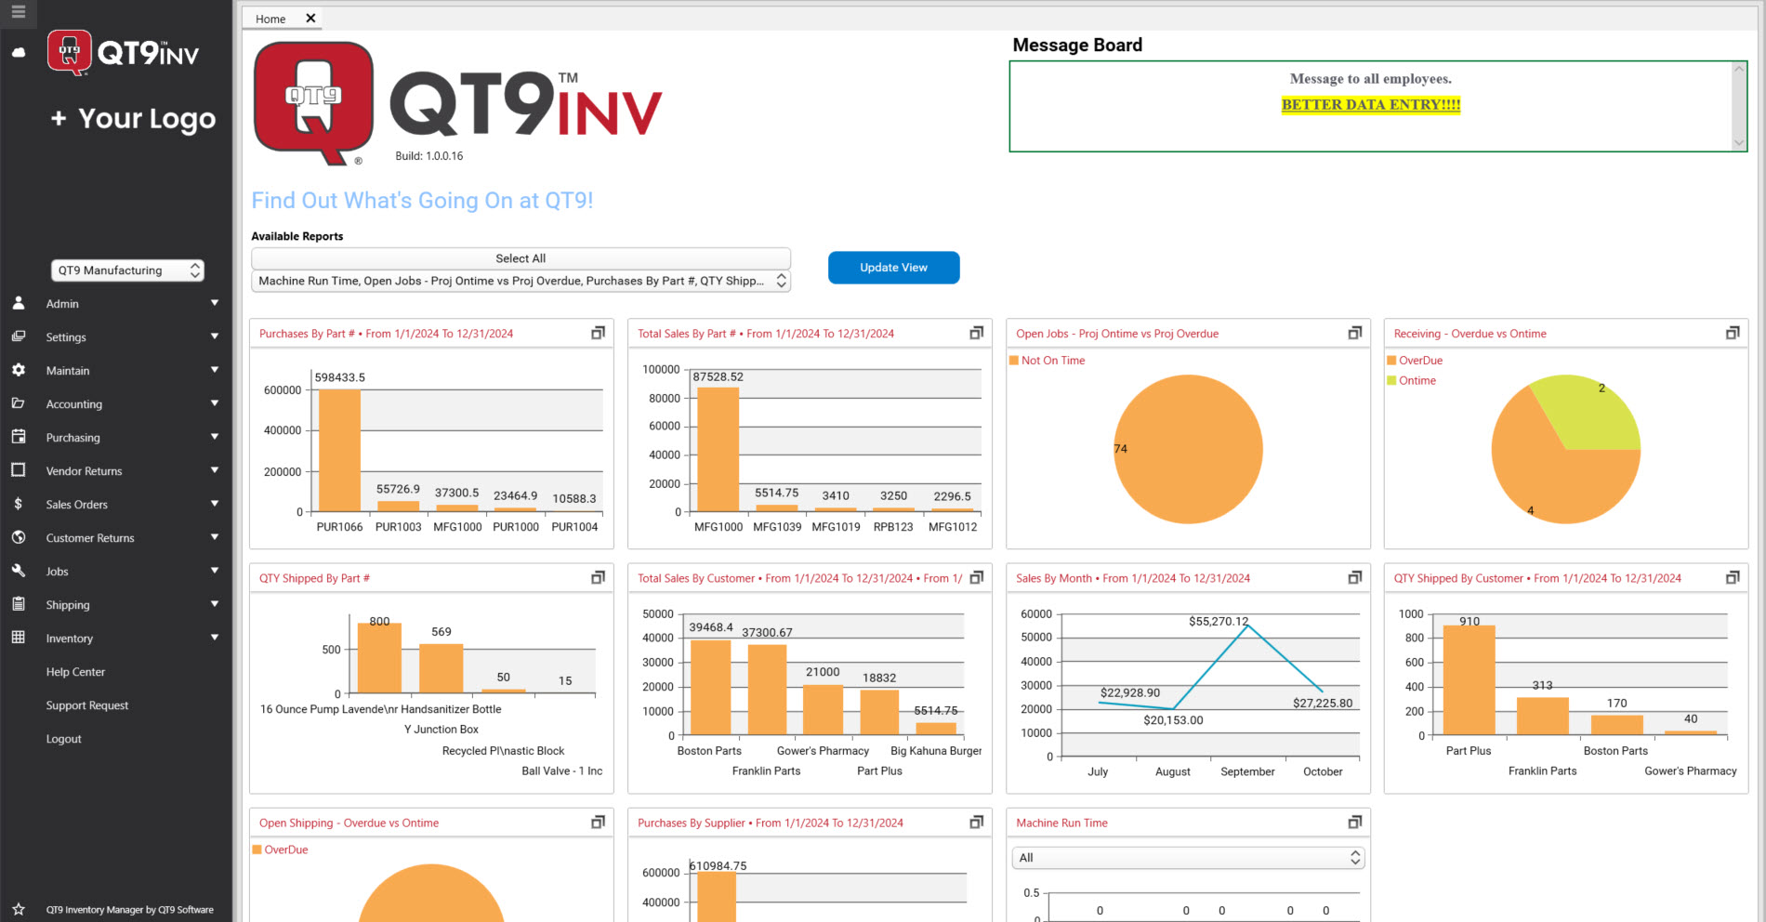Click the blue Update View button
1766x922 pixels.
[x=893, y=268]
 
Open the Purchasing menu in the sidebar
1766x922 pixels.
[x=73, y=438]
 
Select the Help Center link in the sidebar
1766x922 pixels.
[x=75, y=672]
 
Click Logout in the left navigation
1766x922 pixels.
[x=63, y=739]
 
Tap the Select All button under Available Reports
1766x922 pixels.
[x=521, y=258]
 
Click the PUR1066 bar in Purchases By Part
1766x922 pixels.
[x=339, y=451]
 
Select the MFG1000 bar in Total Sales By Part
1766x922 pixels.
[x=718, y=450]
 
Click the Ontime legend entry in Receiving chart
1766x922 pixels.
[x=1417, y=381]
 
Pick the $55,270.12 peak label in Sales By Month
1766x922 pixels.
[x=1218, y=621]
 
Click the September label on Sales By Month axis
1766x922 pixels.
[x=1247, y=771]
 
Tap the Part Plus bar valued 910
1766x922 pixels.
[x=1469, y=680]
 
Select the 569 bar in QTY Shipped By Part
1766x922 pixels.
[x=441, y=668]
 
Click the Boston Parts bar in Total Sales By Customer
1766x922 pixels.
[x=710, y=688]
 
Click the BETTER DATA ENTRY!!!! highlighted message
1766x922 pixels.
[x=1370, y=105]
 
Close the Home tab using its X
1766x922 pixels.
[x=310, y=19]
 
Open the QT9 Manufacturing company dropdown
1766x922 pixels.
[x=127, y=270]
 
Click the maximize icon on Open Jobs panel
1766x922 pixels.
[x=1354, y=334]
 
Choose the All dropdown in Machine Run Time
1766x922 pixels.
[x=1187, y=858]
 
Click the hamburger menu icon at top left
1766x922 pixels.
[x=19, y=13]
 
